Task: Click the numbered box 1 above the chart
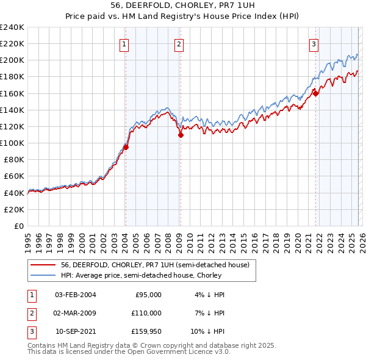coord(124,44)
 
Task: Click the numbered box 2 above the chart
coord(179,44)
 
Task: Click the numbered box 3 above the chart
coord(314,44)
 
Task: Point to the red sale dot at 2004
coord(126,147)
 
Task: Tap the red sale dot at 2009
coord(181,135)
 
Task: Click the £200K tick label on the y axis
coord(12,60)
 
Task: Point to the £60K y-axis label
coord(13,176)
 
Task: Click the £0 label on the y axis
coord(18,226)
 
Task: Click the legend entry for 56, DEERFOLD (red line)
coord(155,265)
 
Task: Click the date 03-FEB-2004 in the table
coord(76,295)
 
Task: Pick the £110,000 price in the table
coord(146,313)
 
